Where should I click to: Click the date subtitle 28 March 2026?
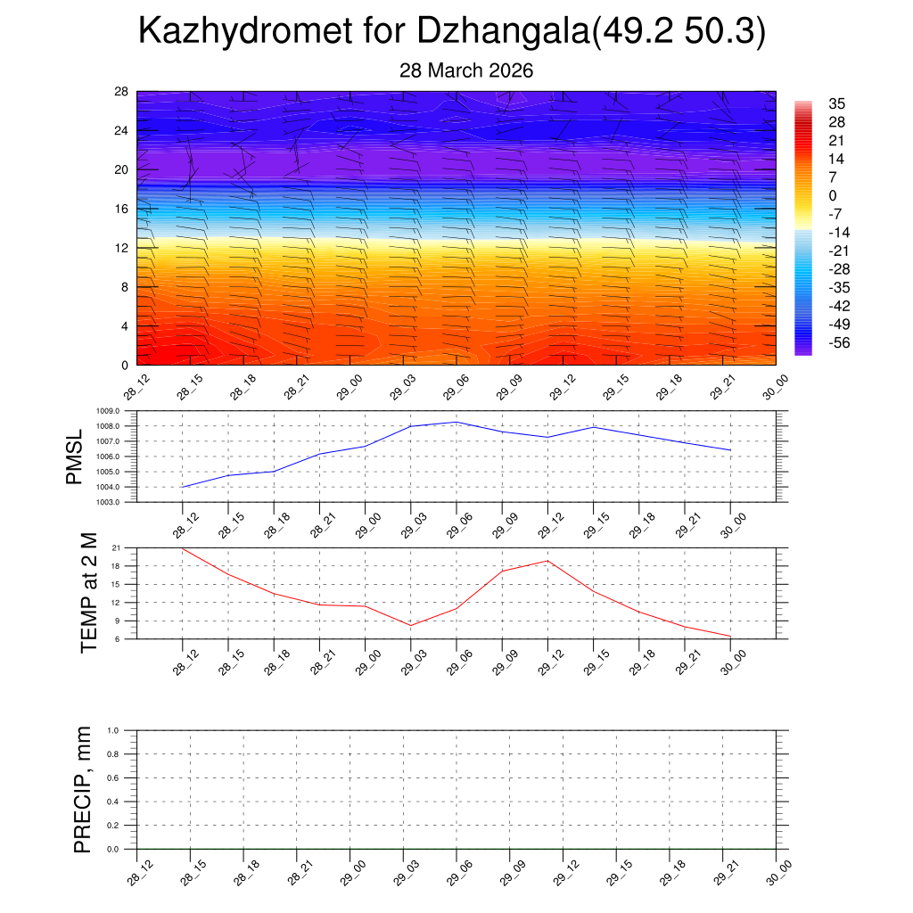(x=465, y=70)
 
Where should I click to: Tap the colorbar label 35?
(x=836, y=103)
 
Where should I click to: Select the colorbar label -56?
(x=839, y=343)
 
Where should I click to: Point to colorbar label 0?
(x=833, y=195)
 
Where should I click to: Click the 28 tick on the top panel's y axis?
(x=122, y=92)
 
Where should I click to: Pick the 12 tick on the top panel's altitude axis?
(x=122, y=248)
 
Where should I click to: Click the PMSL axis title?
(x=75, y=456)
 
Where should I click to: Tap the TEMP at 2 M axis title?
(x=88, y=593)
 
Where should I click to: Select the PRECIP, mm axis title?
(x=83, y=789)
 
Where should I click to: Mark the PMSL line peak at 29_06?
(x=456, y=422)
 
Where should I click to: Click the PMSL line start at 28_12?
(x=183, y=487)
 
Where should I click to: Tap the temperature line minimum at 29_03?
(x=411, y=625)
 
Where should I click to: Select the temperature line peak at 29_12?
(x=547, y=561)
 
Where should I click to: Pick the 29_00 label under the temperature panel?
(x=364, y=663)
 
